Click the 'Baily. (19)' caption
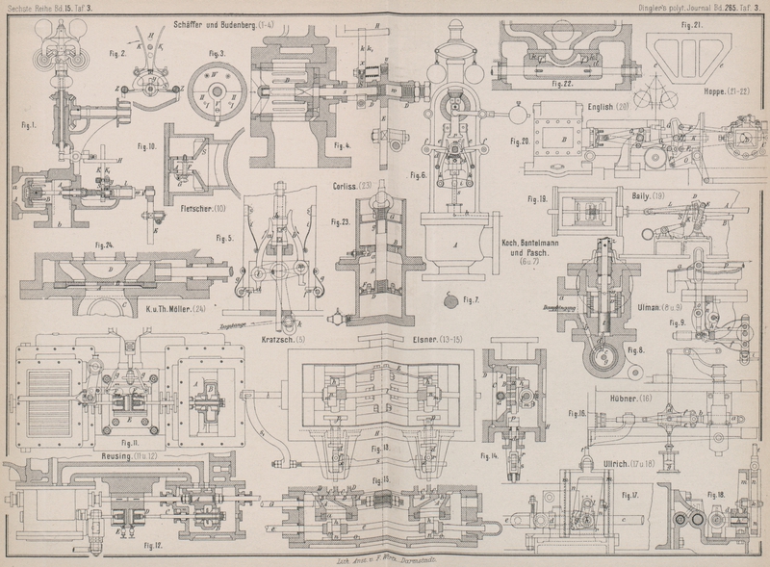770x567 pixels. (644, 195)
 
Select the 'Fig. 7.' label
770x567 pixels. (473, 300)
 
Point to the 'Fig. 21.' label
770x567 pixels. (691, 24)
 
